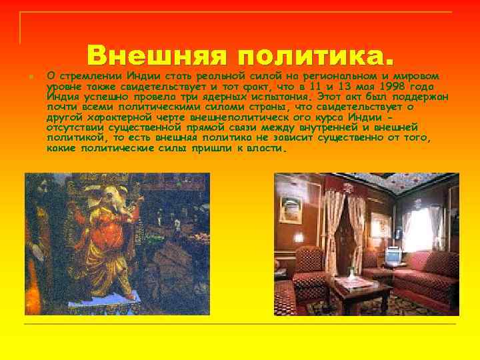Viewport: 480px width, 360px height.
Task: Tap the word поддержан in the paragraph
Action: [x=421, y=96]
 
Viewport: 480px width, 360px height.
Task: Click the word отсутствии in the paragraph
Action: [x=73, y=127]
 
